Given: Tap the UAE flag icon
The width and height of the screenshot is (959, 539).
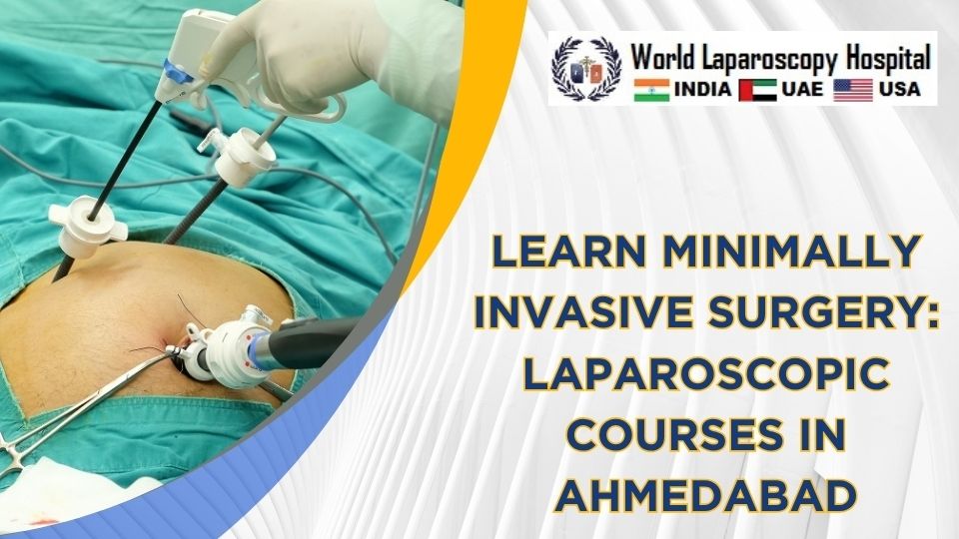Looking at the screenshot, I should (756, 90).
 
